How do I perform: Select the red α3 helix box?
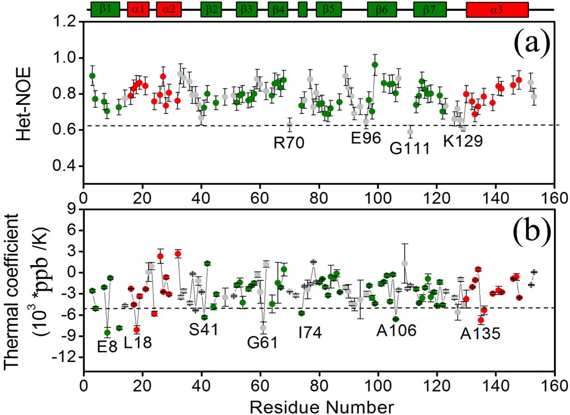point(497,9)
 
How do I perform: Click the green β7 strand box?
point(429,9)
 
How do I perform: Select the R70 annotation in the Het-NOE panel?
point(289,141)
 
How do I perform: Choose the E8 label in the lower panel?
point(107,345)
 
